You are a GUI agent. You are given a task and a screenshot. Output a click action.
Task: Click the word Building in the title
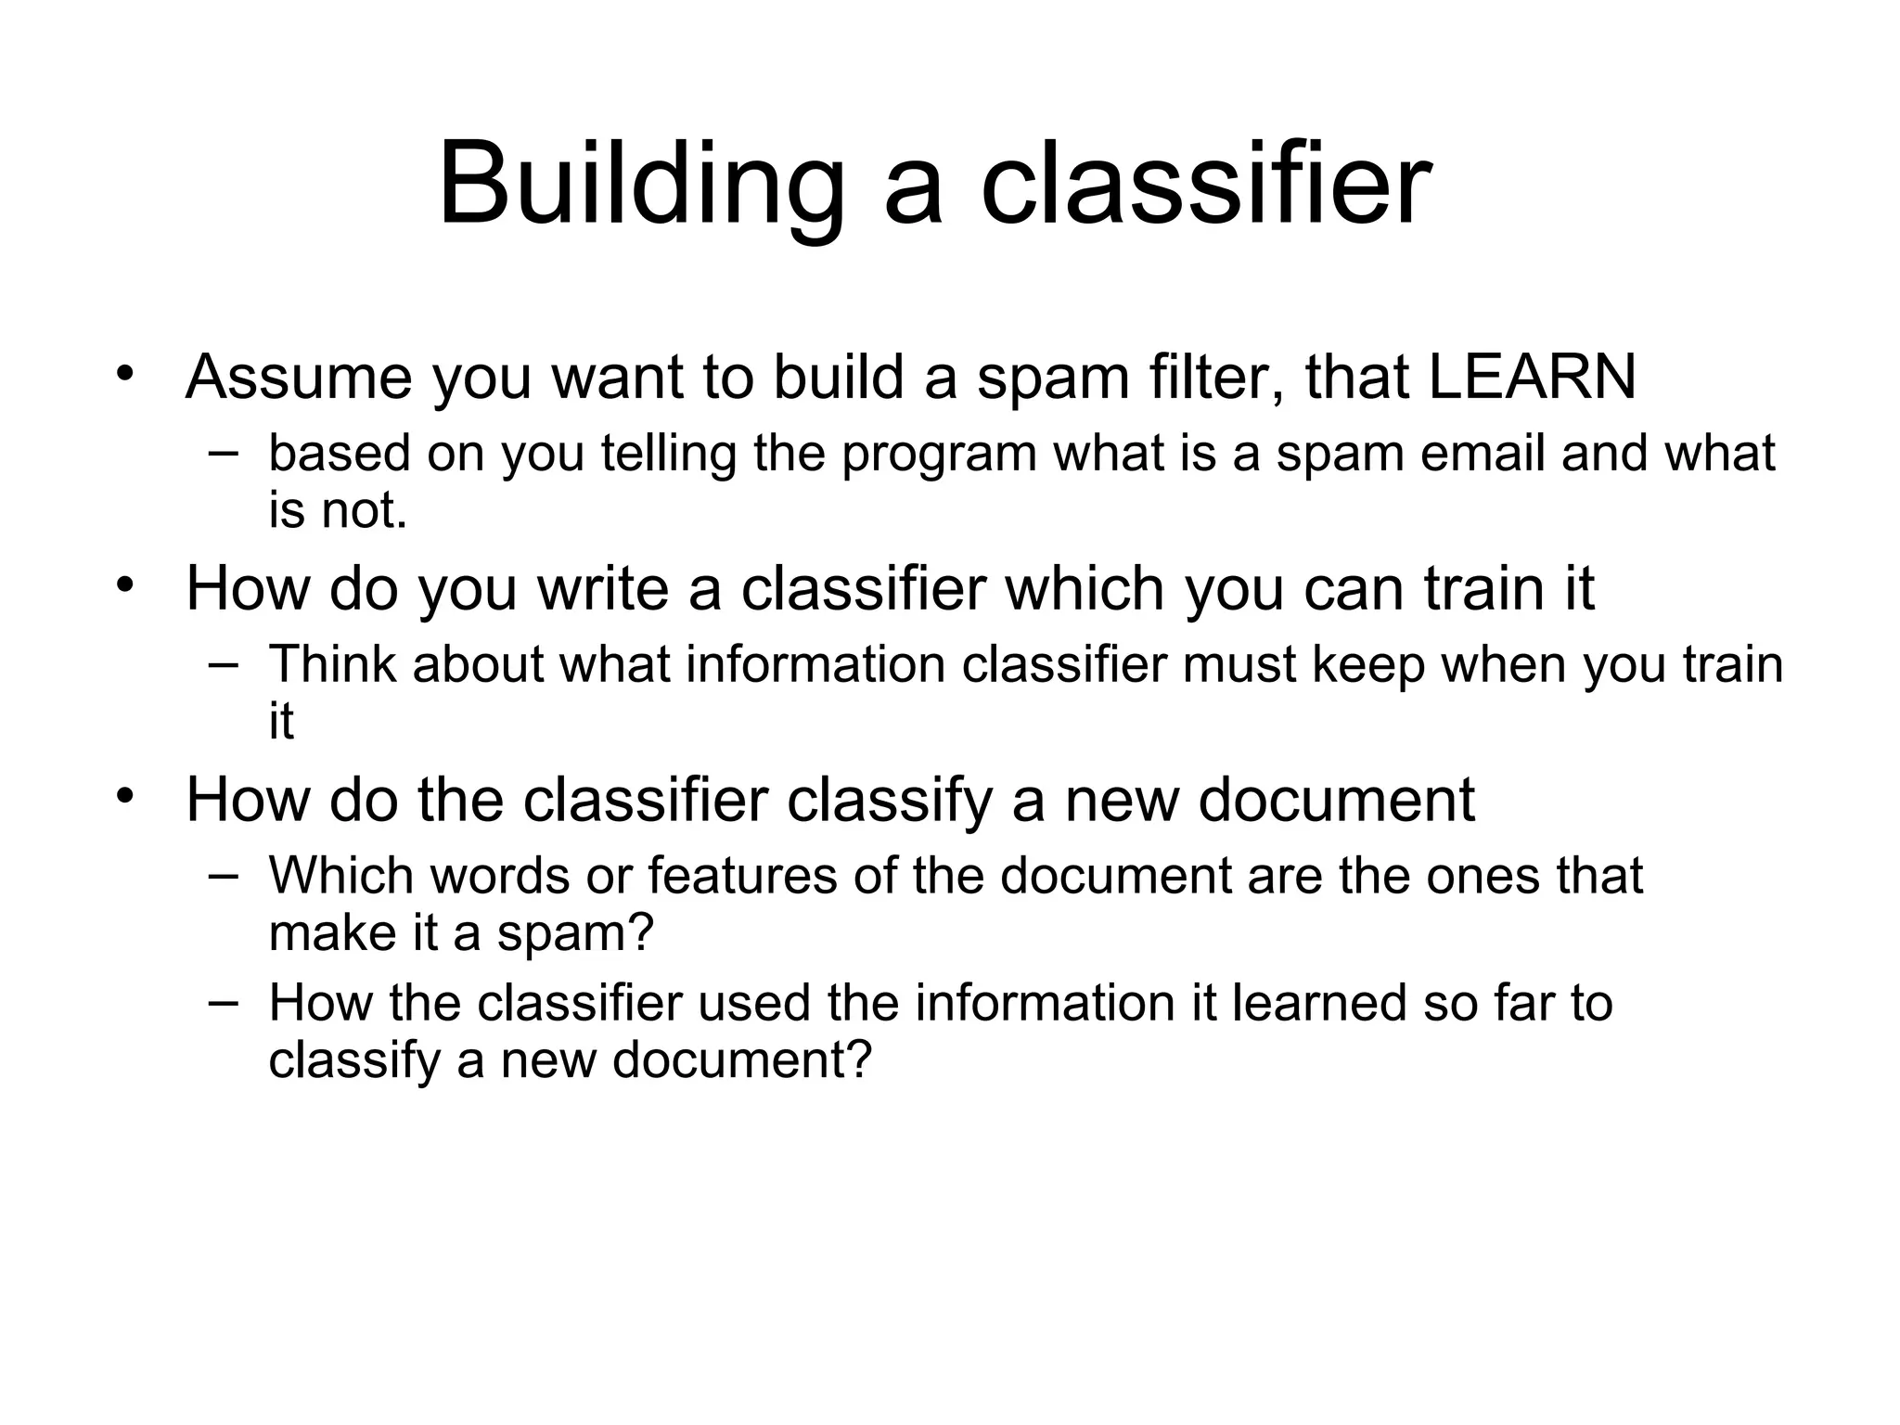click(x=641, y=183)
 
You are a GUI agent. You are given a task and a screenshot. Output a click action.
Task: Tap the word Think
click(x=332, y=664)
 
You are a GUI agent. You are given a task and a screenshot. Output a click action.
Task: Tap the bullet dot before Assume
click(x=125, y=374)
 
